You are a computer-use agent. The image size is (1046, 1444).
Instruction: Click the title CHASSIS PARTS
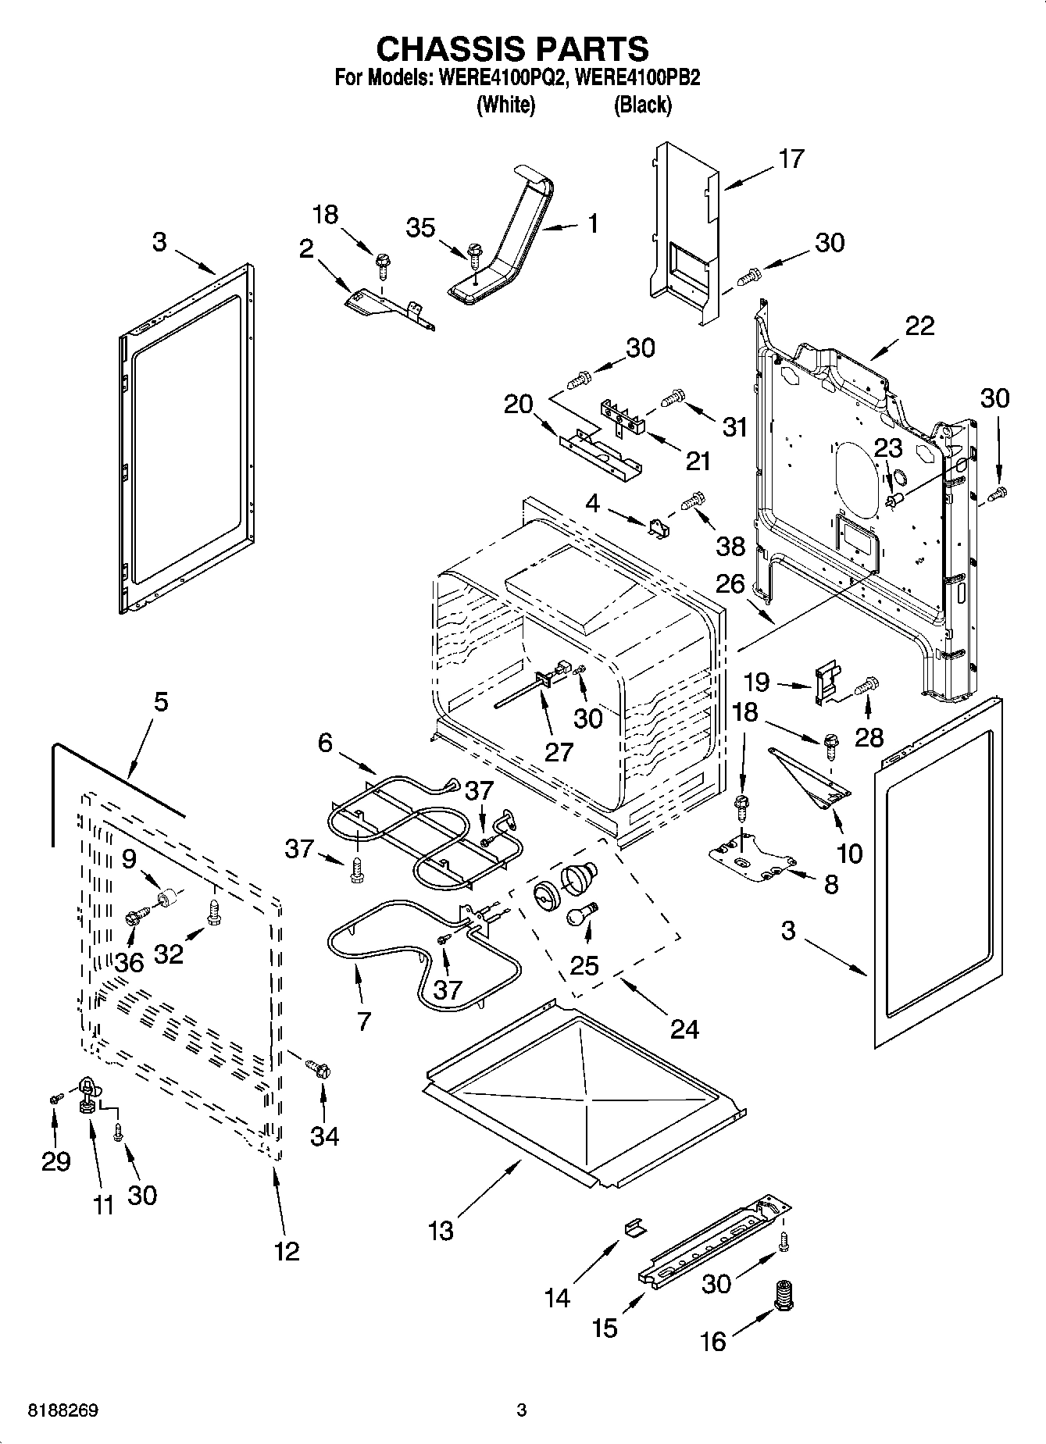512,49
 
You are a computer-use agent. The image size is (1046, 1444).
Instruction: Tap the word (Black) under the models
642,105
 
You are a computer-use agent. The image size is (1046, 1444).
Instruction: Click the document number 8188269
63,1410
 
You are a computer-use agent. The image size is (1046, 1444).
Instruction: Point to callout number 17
791,159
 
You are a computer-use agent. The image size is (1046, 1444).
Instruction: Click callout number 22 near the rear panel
919,326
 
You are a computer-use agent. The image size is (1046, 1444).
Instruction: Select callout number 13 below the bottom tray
441,1232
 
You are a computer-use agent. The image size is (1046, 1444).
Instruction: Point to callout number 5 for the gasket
160,701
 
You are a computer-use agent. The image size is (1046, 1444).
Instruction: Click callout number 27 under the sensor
559,751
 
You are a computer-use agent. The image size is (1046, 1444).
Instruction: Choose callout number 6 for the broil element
326,743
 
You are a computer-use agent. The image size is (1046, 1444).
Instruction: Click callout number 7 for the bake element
364,1021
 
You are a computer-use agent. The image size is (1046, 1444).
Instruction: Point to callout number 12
287,1251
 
